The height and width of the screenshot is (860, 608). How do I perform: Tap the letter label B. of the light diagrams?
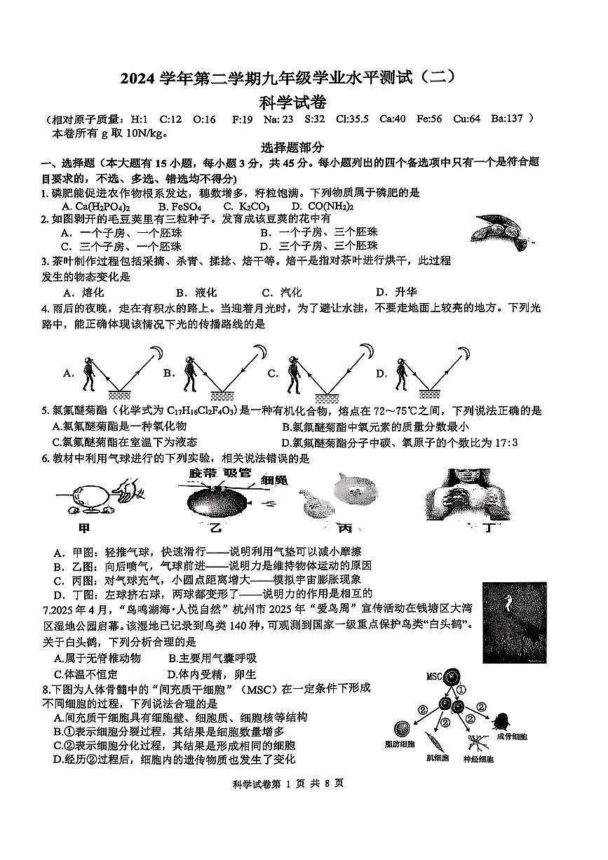point(168,373)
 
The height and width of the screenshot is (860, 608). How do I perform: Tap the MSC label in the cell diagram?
point(435,677)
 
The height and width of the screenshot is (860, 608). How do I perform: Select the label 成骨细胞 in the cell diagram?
point(512,737)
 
